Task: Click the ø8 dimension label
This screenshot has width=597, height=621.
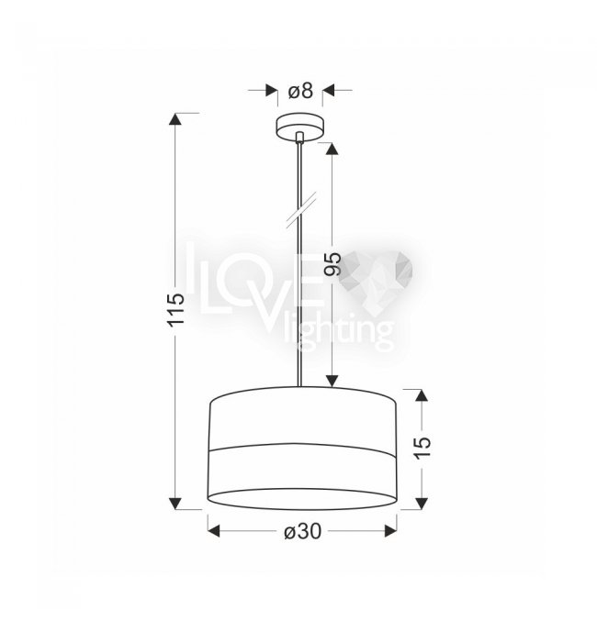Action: [x=300, y=91]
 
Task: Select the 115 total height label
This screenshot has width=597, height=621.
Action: [x=176, y=310]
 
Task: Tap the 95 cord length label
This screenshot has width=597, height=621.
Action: [x=332, y=264]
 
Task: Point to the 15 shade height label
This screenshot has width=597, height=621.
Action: [x=422, y=448]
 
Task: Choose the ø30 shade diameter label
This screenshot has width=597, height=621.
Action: [x=302, y=531]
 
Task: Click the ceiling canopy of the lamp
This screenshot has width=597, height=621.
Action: [x=300, y=128]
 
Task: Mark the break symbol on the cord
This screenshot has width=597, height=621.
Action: [x=301, y=210]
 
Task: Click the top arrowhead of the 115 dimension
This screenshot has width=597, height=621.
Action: [x=175, y=119]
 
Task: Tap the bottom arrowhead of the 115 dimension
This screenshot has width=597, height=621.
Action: [x=175, y=504]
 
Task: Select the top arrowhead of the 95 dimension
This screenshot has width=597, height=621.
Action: [x=332, y=149]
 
